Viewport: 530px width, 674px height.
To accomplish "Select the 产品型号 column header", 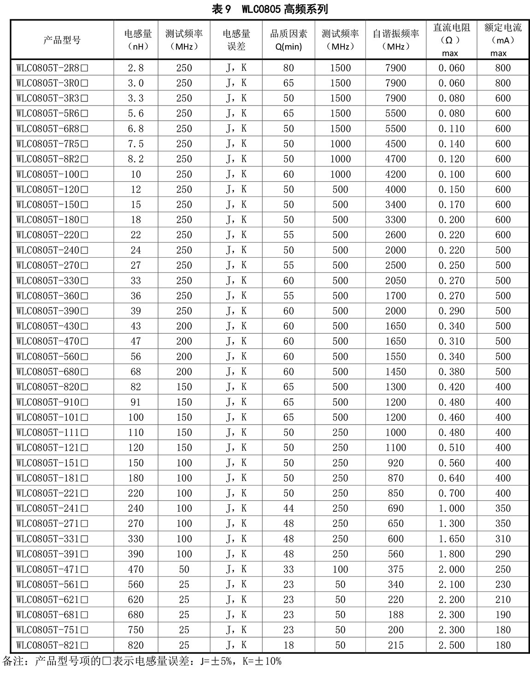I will click(x=62, y=40).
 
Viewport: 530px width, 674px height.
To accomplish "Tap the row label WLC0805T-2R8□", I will click(x=52, y=68).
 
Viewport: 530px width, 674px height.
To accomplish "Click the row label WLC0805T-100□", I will click(x=52, y=175).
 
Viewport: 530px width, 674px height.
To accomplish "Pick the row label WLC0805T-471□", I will click(x=52, y=570).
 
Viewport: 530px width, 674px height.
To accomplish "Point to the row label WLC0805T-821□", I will click(x=52, y=645).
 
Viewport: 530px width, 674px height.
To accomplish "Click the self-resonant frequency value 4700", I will click(x=395, y=160).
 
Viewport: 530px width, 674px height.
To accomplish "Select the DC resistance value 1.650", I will click(x=452, y=539).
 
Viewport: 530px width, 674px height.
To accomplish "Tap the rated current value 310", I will click(x=503, y=539).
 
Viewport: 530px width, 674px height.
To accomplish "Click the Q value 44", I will click(x=289, y=508).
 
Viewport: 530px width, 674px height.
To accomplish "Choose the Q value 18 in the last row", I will click(x=289, y=645).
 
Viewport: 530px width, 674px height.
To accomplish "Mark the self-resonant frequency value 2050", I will click(x=395, y=281).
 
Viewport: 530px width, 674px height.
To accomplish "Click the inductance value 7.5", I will click(x=135, y=144).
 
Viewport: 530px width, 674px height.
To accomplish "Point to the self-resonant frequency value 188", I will click(x=395, y=615).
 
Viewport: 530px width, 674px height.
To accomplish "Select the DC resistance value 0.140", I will click(x=452, y=144).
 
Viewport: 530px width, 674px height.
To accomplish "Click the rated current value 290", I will click(x=503, y=554).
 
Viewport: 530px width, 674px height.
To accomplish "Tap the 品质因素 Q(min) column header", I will click(x=289, y=40).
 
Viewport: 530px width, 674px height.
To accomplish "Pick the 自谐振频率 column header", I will click(x=396, y=40).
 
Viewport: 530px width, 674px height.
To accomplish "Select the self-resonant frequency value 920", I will click(x=395, y=463).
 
